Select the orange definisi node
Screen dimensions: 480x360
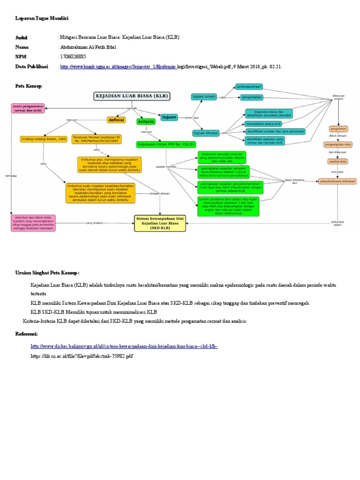pyautogui.click(x=116, y=120)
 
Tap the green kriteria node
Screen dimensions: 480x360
pyautogui.click(x=145, y=121)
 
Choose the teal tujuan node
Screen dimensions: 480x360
pyautogui.click(x=169, y=117)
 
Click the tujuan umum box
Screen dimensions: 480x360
pyautogui.click(x=204, y=97)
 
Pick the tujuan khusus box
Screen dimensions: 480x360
pyautogui.click(x=206, y=133)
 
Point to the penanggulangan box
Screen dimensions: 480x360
pyautogui.click(x=249, y=87)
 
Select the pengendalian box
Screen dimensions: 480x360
pyautogui.click(x=251, y=97)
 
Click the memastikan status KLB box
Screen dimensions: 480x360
pyautogui.click(x=263, y=124)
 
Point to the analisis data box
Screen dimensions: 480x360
pyautogui.click(x=337, y=162)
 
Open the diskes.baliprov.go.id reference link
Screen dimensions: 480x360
pyautogui.click(x=124, y=346)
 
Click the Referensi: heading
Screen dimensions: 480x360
pyautogui.click(x=26, y=333)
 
